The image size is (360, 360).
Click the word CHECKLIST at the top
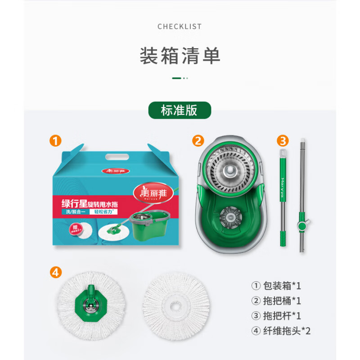point(180,27)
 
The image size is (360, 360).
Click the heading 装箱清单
point(180,56)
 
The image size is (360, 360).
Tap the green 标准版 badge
point(180,110)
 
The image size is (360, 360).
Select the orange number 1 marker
point(55,140)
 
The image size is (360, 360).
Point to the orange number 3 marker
point(282,140)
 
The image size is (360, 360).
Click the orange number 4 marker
point(55,272)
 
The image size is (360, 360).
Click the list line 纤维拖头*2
point(281,331)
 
